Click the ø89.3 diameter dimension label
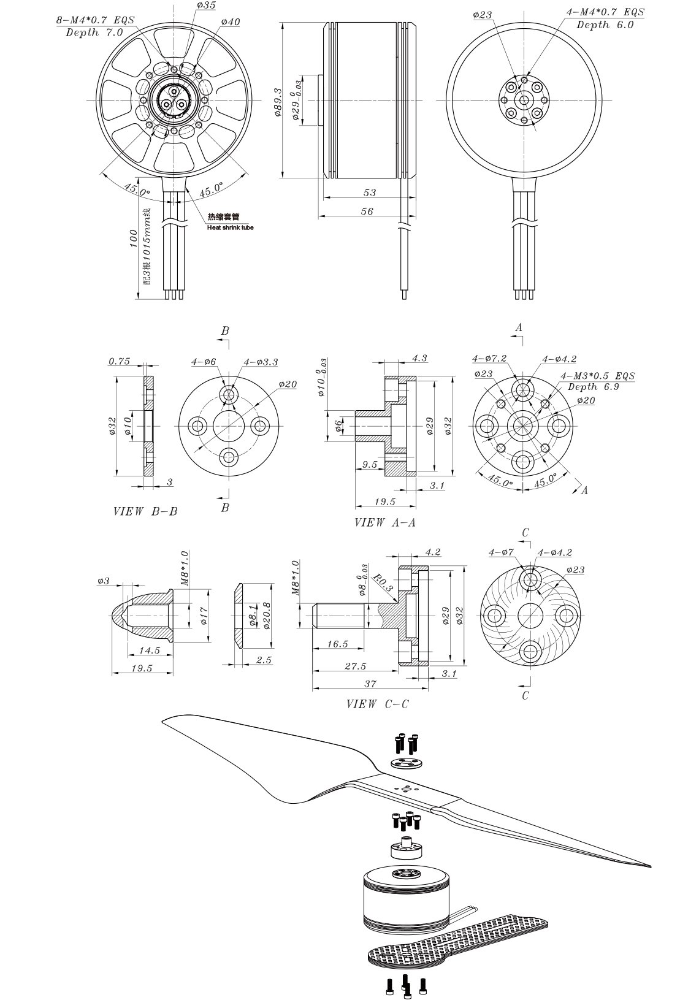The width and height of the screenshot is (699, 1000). point(278,102)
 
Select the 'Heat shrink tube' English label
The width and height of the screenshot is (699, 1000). point(231,227)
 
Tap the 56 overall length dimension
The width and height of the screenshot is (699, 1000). point(367,211)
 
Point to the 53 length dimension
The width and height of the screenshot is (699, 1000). point(370,193)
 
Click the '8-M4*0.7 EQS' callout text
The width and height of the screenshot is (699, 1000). point(95,20)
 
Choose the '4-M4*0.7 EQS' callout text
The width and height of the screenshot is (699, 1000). point(605,12)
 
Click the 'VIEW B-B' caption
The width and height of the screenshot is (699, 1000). point(145,511)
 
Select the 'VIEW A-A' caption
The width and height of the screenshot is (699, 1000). point(385,522)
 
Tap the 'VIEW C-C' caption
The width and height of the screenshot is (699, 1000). point(378,704)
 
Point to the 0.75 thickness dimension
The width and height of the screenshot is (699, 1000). point(119,361)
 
